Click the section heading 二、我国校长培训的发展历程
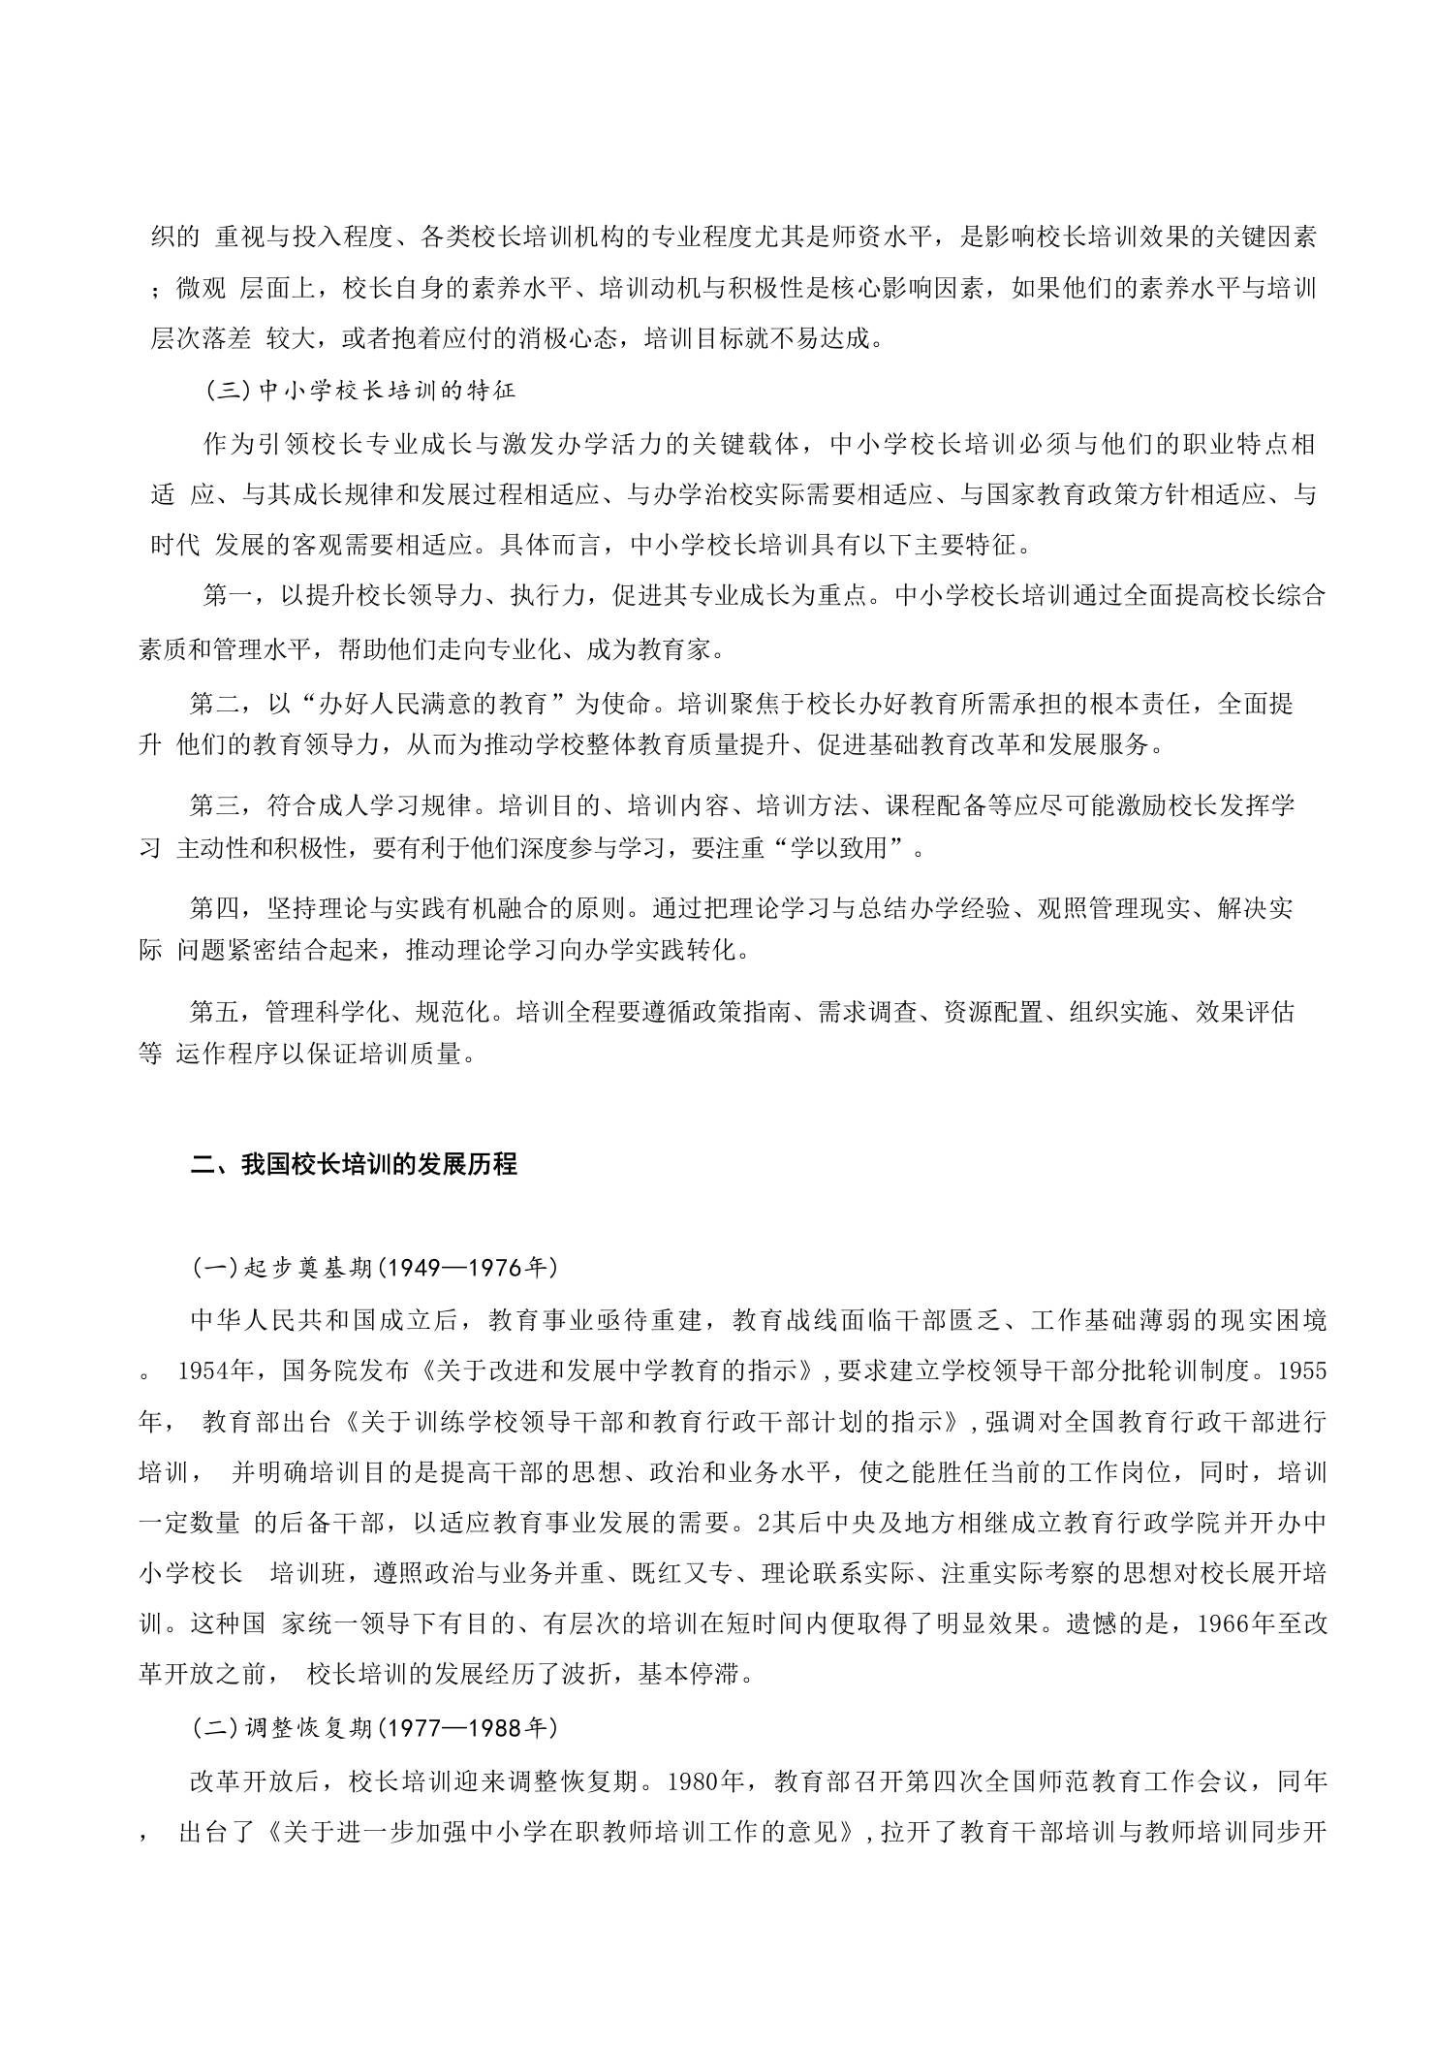pos(354,1163)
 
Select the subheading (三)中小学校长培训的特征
pos(360,391)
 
